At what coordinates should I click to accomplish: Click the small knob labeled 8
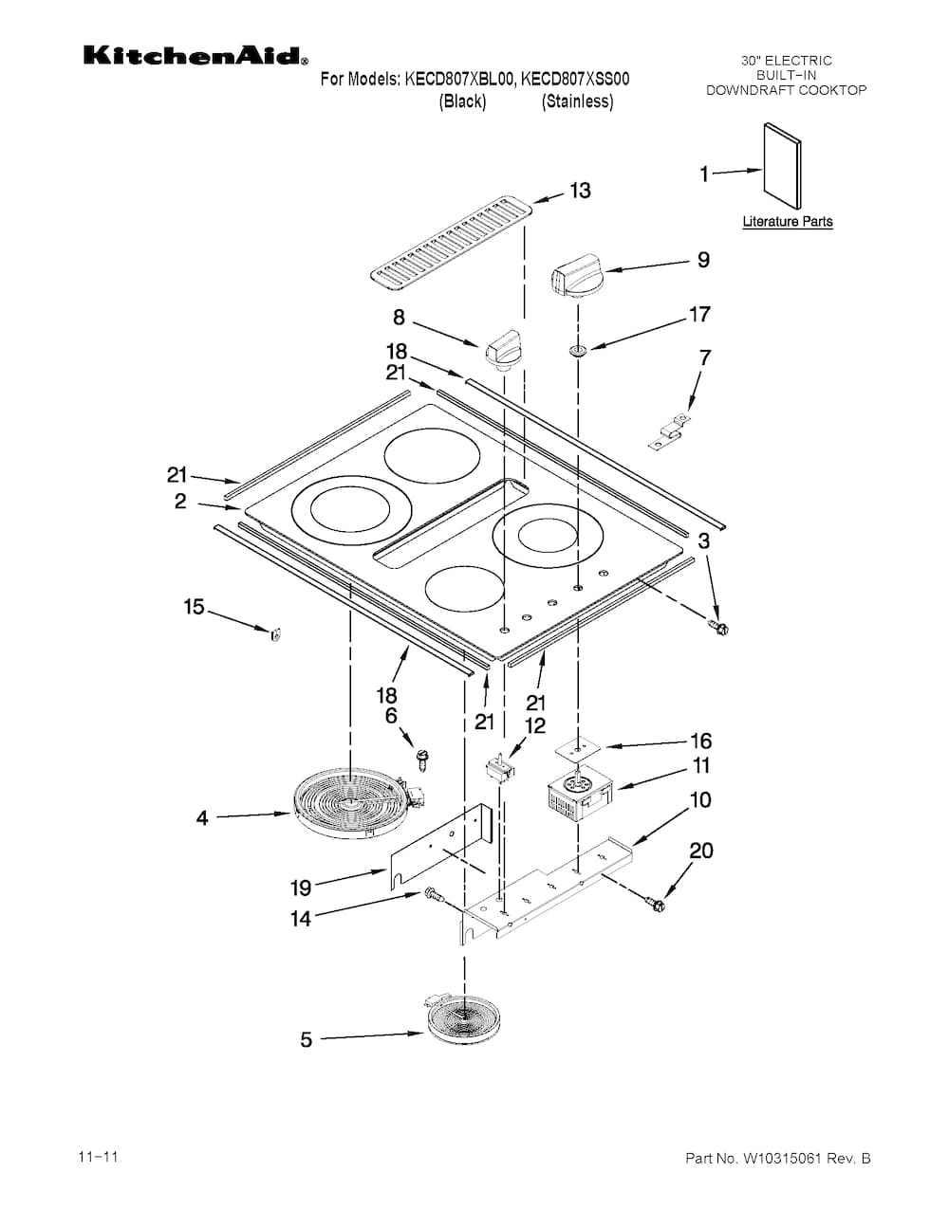504,348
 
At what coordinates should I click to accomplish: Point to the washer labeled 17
577,352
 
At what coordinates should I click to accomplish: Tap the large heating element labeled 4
350,805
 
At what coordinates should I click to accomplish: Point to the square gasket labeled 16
579,748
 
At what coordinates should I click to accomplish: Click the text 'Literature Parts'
787,222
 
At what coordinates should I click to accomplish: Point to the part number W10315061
777,1159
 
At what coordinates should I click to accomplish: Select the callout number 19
301,888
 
